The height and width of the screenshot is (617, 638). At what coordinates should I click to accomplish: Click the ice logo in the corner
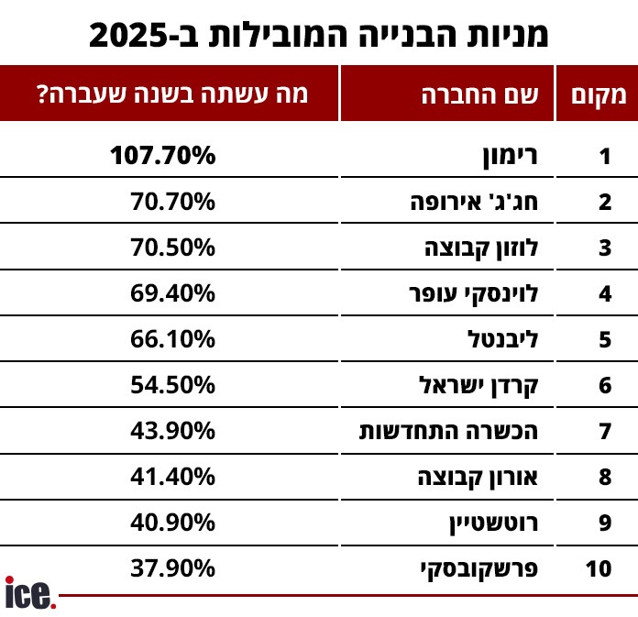(29, 593)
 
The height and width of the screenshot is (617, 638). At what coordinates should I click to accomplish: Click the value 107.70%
(163, 156)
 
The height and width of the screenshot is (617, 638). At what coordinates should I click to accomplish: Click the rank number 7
(604, 431)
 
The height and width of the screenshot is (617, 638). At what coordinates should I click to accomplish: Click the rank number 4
(604, 293)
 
